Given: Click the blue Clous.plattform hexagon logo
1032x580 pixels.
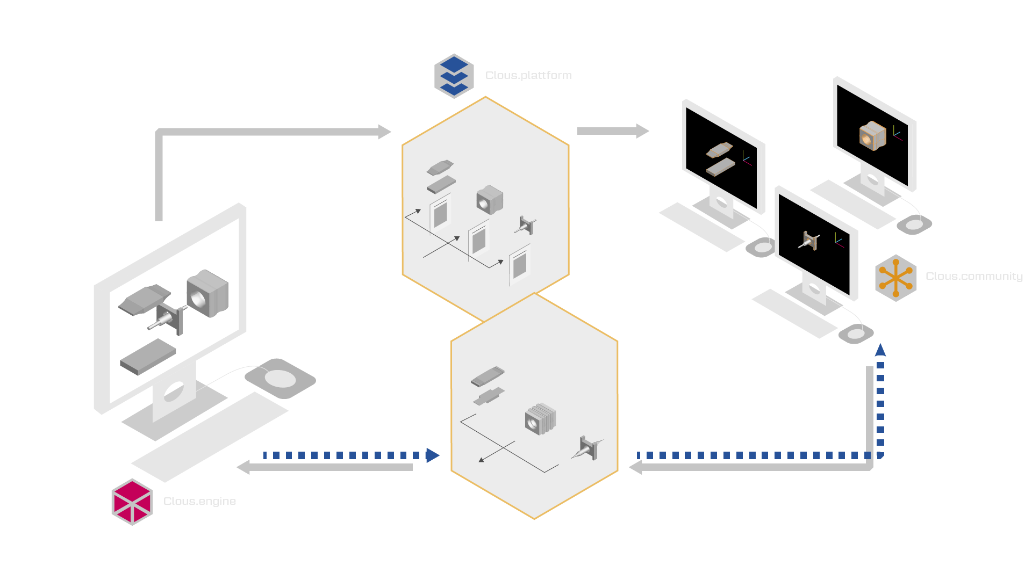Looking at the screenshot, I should [454, 76].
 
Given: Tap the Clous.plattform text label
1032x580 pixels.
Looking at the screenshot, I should [528, 76].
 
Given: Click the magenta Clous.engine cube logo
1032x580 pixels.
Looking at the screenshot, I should [132, 502].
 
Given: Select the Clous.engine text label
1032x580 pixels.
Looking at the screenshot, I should [199, 502].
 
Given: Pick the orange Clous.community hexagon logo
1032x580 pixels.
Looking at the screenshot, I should [895, 278].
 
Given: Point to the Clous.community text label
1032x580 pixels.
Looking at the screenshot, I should [973, 277].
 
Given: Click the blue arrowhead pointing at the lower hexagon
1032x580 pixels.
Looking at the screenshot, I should [433, 455].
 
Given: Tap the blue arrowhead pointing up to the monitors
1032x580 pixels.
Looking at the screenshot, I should [880, 350].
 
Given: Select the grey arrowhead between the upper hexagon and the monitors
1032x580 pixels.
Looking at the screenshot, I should [642, 131].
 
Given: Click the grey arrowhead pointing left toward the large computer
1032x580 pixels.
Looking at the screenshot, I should [243, 467].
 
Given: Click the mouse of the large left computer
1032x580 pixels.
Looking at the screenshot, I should [280, 379].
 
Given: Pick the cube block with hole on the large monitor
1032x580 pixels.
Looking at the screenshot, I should [207, 293].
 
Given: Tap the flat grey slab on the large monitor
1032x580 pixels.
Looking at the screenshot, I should [148, 357].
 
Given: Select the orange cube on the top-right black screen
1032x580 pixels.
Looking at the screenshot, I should [872, 135].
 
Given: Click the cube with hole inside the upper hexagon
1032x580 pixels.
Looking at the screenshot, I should [489, 200].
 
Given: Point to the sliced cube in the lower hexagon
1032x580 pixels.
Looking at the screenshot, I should [540, 419].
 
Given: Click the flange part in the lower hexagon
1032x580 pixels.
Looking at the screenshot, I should [588, 448].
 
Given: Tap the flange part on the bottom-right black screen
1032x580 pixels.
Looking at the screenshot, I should [809, 241].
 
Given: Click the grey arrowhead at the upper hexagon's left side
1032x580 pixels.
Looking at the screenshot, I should [384, 132].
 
